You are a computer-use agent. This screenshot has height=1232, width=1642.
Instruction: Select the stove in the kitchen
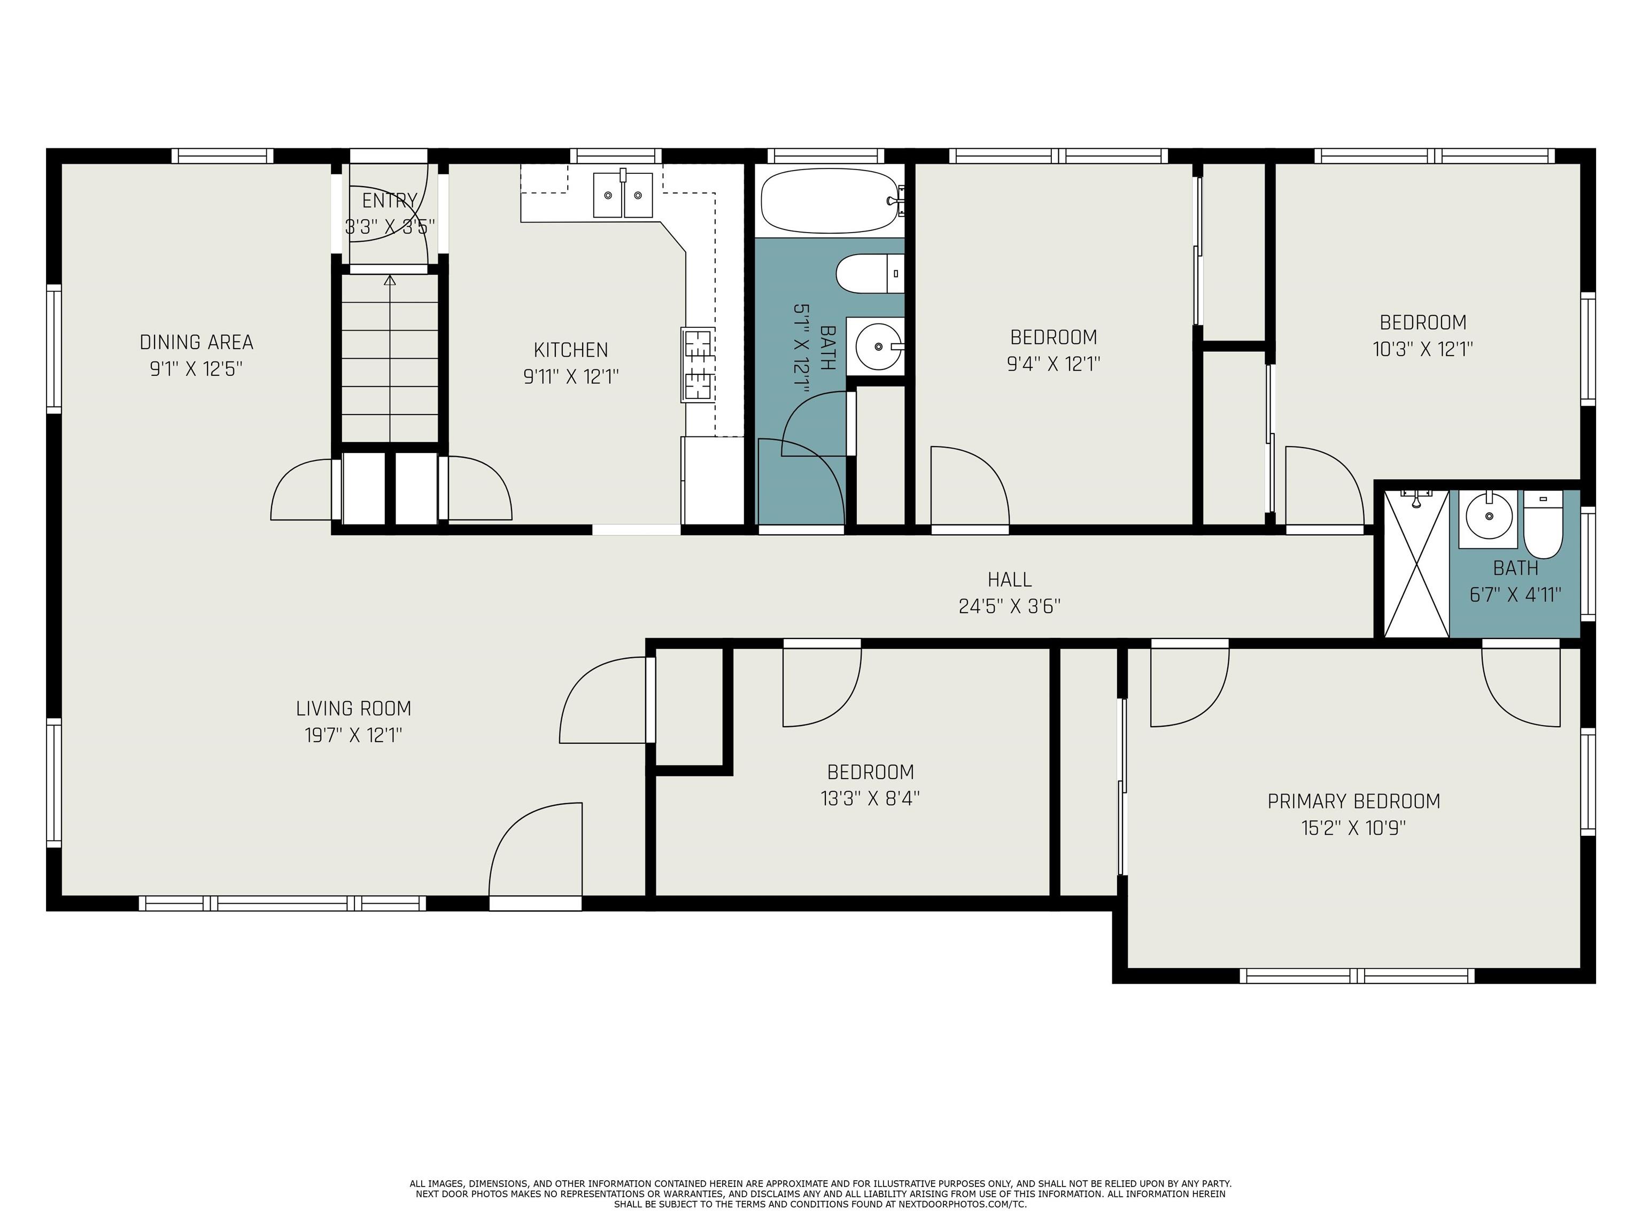coord(698,365)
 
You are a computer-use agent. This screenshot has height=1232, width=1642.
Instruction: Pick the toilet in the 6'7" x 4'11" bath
coord(1543,524)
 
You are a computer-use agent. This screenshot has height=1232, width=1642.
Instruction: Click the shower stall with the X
coord(1416,563)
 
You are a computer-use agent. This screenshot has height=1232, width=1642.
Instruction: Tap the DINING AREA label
coord(197,342)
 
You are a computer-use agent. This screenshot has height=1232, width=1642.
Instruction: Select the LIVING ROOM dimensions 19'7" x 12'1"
coord(353,735)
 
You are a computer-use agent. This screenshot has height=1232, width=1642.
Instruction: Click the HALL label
coord(1010,579)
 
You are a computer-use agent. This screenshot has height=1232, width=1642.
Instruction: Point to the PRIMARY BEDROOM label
coord(1354,802)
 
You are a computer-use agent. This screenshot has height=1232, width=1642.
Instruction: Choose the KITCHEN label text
coord(571,350)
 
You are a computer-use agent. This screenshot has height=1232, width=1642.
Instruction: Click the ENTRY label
coord(390,201)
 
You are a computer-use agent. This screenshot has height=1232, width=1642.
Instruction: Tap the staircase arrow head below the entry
coord(390,280)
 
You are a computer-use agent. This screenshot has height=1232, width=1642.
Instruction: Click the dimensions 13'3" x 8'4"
coord(870,798)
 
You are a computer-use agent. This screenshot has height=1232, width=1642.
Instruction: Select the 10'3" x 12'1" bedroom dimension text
coord(1423,349)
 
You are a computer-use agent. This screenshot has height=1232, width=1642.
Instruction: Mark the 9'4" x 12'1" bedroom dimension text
coord(1054,364)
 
